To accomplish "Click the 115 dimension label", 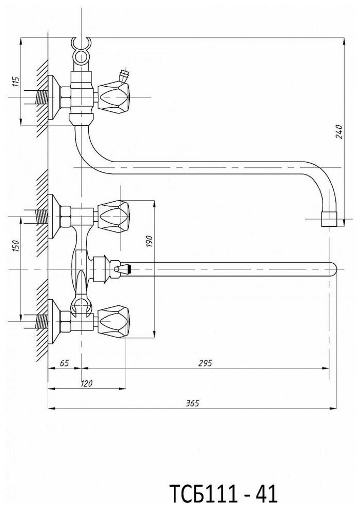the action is coord(15,82).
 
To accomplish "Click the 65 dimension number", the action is coord(64,363).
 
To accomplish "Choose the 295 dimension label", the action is coord(205,363).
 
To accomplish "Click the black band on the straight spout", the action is coord(132,268).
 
